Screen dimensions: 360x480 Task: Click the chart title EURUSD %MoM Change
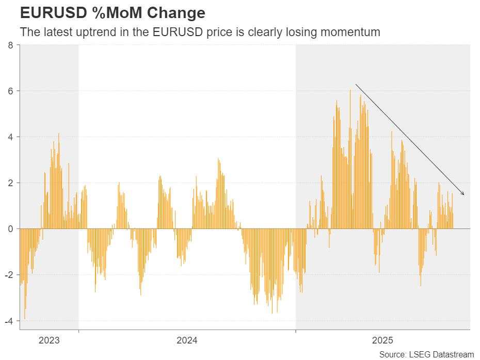112,12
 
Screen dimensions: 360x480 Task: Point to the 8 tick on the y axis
11,45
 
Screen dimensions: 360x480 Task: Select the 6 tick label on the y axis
11,91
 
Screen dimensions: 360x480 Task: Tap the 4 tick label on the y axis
11,137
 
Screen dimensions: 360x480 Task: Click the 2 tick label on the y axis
11,183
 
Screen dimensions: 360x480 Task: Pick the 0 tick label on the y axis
11,229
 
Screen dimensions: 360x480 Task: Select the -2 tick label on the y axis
9,275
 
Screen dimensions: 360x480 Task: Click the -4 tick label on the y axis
9,321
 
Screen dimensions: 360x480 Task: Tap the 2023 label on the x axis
49,340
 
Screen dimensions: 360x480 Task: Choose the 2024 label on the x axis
187,340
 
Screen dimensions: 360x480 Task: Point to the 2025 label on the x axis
382,340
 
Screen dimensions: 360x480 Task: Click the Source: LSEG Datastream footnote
426,354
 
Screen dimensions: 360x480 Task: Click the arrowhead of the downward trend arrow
463,194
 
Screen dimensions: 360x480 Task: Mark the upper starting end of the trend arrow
356,85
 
